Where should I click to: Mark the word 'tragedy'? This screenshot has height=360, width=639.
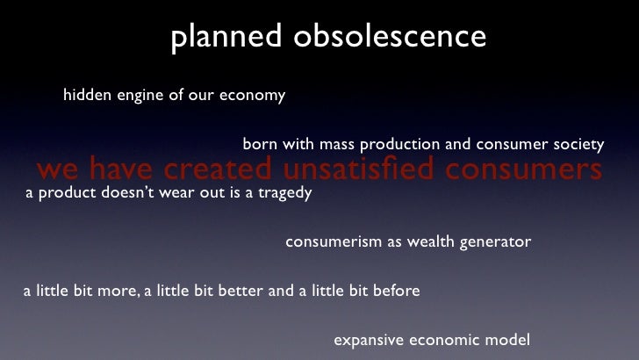point(283,193)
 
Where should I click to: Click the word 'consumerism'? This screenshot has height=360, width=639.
point(332,241)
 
